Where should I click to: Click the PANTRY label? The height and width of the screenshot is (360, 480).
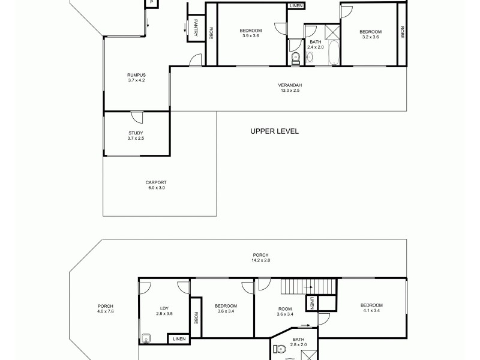pos(196,29)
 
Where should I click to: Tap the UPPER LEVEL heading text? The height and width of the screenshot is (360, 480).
pos(274,131)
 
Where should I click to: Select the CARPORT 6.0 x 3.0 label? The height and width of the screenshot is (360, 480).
pos(155,185)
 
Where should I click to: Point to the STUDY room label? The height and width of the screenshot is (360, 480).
pos(136,136)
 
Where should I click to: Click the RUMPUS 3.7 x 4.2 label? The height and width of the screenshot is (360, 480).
pos(136,77)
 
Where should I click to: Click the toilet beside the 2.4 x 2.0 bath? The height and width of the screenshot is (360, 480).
pos(295,58)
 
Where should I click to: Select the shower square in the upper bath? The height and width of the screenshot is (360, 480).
pos(331,31)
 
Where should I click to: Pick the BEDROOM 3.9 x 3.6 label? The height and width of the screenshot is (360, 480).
pos(251,33)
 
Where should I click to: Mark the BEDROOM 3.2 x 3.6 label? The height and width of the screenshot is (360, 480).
pos(370,34)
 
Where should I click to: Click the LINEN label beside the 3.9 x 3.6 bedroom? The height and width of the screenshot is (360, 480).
pos(296,6)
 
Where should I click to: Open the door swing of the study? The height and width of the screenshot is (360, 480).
pos(137,118)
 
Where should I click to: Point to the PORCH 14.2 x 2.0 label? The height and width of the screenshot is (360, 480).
pos(261,257)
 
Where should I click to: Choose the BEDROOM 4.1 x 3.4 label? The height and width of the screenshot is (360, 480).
pos(372,308)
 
